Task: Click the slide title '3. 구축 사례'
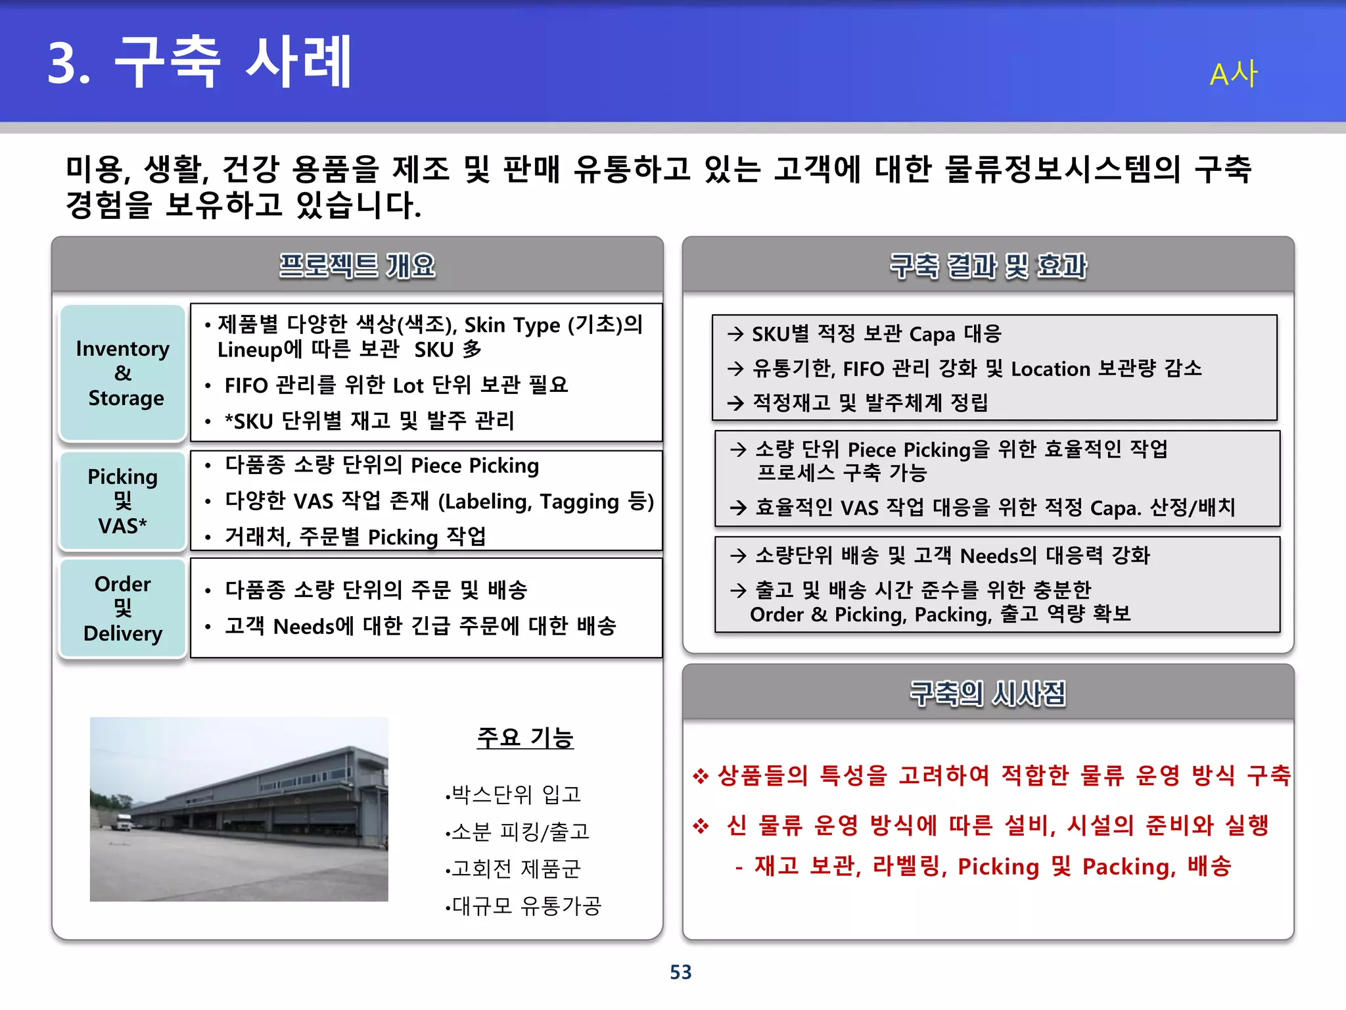click(200, 62)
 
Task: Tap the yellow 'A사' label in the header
click(1233, 74)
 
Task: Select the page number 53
click(680, 972)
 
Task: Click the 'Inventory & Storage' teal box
click(123, 373)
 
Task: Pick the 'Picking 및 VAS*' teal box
click(123, 501)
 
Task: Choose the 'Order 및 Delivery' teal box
click(123, 608)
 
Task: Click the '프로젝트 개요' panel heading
click(357, 266)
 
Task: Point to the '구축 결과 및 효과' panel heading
click(988, 266)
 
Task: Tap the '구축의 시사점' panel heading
click(988, 693)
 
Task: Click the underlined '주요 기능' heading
click(525, 738)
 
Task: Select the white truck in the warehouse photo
click(124, 822)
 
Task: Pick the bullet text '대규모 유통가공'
click(526, 906)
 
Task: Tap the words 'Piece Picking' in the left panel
click(475, 466)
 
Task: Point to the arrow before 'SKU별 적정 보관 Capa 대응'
click(735, 334)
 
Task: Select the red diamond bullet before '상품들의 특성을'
click(701, 776)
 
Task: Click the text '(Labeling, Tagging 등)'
click(545, 502)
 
